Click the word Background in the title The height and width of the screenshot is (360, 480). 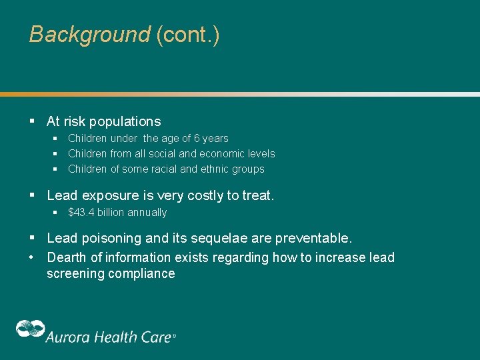point(90,35)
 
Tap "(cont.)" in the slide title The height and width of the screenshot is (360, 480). point(187,35)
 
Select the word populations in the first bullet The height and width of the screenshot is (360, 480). point(125,121)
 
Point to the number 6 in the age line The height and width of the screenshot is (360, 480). point(197,139)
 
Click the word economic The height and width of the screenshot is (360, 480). point(222,154)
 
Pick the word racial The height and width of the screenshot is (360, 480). point(159,169)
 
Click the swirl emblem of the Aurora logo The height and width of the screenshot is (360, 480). point(30,329)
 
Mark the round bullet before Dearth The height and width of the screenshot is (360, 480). point(32,257)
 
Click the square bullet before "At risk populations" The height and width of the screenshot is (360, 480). point(32,121)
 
